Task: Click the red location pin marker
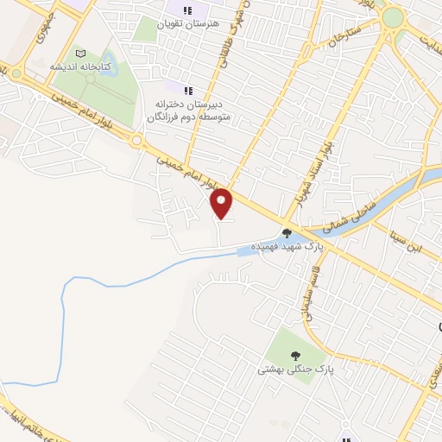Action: [222, 203]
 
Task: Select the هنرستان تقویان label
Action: [187, 24]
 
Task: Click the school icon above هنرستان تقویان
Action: [187, 10]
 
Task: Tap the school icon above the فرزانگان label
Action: [188, 89]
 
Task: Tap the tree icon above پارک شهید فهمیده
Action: [287, 232]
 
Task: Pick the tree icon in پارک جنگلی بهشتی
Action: [295, 355]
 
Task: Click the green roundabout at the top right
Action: [393, 16]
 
